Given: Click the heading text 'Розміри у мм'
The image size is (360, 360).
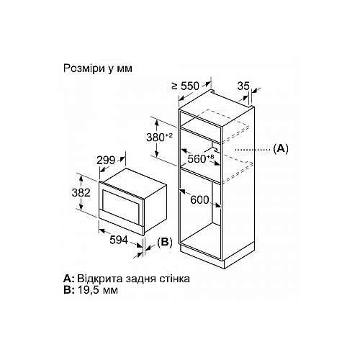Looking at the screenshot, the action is click(x=98, y=68).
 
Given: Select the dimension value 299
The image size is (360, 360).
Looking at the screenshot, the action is click(x=106, y=161).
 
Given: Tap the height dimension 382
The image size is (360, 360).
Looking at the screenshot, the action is click(x=81, y=193).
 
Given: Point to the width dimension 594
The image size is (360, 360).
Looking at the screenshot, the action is click(x=119, y=240).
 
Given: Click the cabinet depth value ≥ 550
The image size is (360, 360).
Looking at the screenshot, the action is click(x=186, y=86).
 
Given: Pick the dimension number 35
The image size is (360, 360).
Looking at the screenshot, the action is click(x=243, y=86).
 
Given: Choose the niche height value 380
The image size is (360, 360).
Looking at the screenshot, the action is click(x=156, y=138).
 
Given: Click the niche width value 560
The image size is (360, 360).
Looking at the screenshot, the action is click(x=197, y=159).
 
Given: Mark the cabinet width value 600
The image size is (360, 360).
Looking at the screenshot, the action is click(x=199, y=199).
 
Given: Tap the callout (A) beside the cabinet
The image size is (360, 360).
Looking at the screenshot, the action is click(x=281, y=149).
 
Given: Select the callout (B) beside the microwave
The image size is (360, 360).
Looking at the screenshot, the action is click(x=165, y=242).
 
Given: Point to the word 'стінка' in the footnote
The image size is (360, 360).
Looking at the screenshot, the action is click(x=174, y=279).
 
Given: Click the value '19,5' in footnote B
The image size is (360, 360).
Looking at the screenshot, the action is click(x=88, y=290).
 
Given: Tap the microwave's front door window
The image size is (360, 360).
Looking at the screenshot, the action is click(x=121, y=203).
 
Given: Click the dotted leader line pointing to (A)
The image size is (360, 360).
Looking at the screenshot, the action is click(x=253, y=150).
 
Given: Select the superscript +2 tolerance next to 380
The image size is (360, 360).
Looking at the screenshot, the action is click(x=169, y=135).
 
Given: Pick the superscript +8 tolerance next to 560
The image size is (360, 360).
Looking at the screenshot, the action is click(x=210, y=157).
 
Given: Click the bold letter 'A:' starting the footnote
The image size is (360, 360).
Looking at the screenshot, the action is click(x=69, y=279).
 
